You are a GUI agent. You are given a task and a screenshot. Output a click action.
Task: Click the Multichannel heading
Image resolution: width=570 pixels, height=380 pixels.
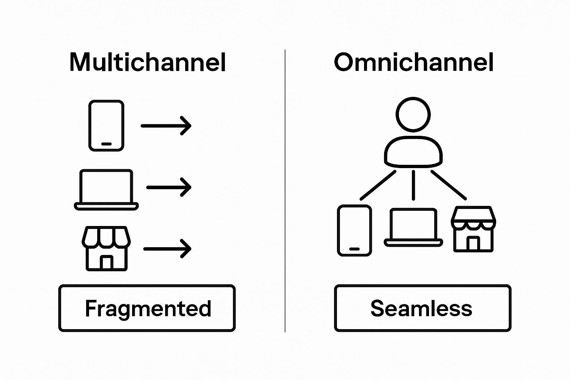click(x=148, y=62)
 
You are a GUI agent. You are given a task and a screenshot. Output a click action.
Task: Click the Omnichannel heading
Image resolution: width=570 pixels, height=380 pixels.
click(x=413, y=62)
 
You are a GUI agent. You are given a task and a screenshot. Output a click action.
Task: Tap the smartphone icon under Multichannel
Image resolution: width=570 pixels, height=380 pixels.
click(x=106, y=125)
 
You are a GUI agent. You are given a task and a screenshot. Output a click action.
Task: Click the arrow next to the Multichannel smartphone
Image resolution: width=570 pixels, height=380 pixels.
click(x=166, y=126)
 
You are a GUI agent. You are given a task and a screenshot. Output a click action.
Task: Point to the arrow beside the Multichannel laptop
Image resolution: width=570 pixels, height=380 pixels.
click(x=169, y=187)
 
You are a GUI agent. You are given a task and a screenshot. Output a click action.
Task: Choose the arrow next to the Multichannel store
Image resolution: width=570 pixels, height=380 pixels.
click(x=167, y=249)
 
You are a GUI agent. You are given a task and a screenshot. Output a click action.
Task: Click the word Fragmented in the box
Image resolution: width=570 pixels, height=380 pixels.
click(x=148, y=308)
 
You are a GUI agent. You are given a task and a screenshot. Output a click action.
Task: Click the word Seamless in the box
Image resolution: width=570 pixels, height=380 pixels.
click(x=421, y=308)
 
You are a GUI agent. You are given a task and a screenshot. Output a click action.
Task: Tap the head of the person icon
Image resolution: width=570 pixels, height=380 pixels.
click(x=413, y=114)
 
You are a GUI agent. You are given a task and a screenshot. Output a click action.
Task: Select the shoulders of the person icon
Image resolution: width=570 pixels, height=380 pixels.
click(x=413, y=152)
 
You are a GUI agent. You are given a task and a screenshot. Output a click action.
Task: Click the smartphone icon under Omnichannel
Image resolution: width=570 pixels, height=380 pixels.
click(x=354, y=230)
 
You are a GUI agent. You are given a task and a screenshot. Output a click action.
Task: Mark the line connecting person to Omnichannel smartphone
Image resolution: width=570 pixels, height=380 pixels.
click(x=378, y=185)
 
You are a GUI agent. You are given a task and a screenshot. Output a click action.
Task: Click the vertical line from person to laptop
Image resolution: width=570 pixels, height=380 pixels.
click(x=413, y=185)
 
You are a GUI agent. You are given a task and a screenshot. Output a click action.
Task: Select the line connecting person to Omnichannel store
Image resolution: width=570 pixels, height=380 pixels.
click(x=448, y=185)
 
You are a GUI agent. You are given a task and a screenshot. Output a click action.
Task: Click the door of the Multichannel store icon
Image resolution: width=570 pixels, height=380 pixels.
click(x=106, y=262)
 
